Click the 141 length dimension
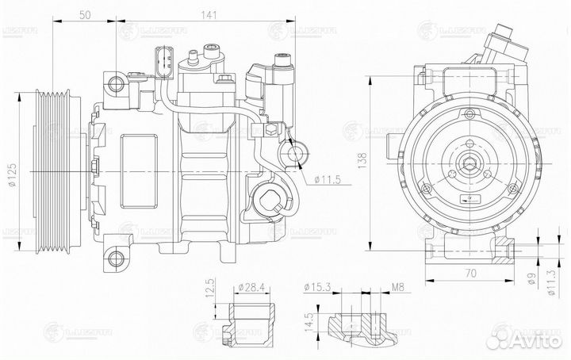210,15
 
